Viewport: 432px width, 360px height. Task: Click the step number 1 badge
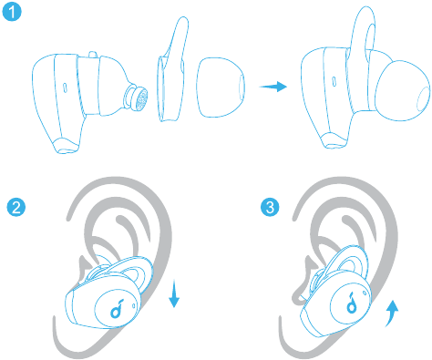12,12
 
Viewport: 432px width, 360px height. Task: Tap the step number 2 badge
16,208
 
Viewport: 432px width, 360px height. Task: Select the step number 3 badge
270,208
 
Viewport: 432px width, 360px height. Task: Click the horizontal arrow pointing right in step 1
273,87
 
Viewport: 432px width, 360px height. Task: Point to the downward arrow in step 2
174,294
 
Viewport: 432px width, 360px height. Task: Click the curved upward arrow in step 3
392,313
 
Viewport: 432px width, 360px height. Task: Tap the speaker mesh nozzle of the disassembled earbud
137,98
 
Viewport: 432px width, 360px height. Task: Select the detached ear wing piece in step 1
171,70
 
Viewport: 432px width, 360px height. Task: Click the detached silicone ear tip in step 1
221,87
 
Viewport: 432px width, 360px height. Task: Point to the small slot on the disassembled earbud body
65,87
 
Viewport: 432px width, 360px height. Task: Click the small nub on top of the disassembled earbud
93,55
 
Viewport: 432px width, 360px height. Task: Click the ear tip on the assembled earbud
403,90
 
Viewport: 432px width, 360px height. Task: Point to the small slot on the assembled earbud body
334,82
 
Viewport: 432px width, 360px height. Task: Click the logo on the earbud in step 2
117,309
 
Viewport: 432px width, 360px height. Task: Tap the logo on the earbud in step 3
352,303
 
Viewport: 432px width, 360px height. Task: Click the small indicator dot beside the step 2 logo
134,305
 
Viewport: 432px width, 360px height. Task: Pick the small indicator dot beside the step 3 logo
365,293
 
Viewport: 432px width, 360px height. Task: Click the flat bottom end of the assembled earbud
334,141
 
